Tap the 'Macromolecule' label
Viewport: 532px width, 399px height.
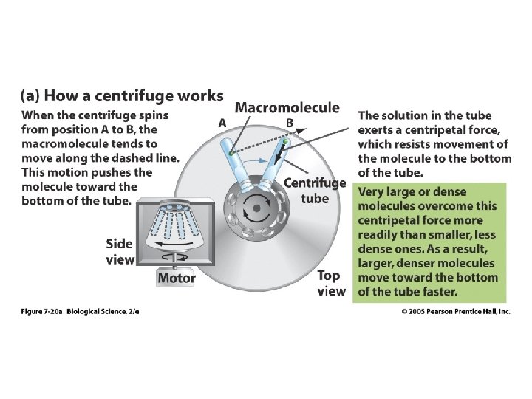287,107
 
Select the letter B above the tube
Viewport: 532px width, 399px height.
290,123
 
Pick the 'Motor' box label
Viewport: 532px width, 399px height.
177,278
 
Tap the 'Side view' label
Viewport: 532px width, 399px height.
120,251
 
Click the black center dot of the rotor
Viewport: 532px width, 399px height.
256,208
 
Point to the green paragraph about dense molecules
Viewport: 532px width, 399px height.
428,241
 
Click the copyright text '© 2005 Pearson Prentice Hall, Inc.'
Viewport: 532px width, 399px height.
456,312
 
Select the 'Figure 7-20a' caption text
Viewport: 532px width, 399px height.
41,312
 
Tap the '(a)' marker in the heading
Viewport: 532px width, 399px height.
31,97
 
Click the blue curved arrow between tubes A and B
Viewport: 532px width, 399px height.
256,159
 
